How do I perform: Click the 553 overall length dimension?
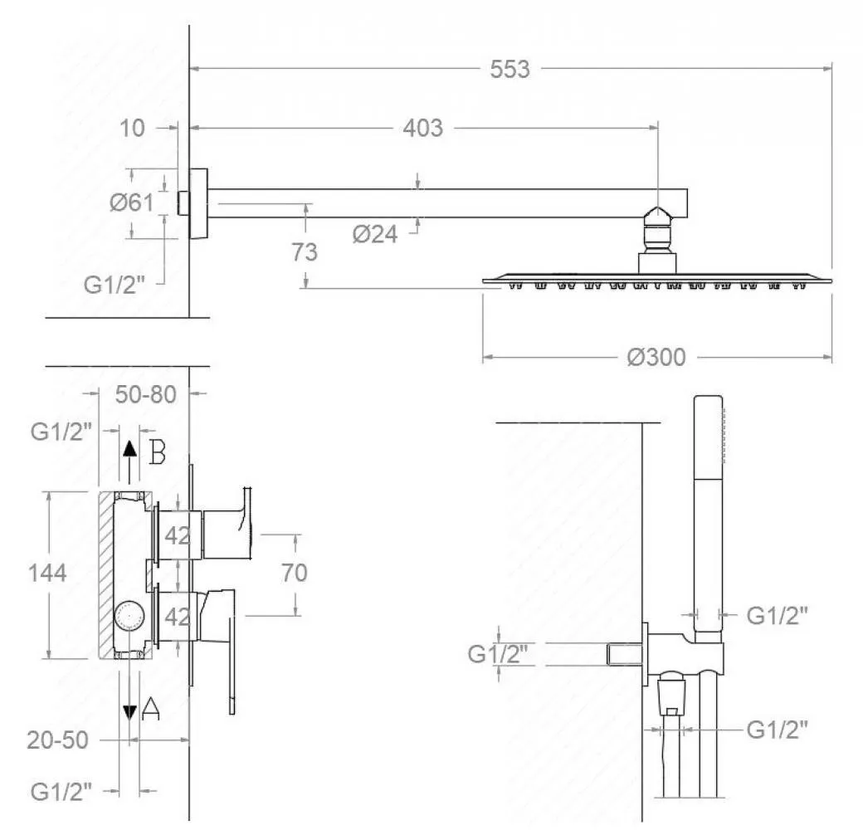[x=510, y=70]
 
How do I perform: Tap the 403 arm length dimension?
[x=422, y=129]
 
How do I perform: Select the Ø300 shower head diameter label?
[x=656, y=358]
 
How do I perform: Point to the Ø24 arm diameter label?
[x=375, y=234]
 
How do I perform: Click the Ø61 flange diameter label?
[x=132, y=203]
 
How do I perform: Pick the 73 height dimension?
[x=305, y=252]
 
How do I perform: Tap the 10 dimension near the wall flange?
[x=132, y=129]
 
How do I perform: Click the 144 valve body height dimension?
[x=47, y=573]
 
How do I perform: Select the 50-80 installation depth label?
[x=146, y=394]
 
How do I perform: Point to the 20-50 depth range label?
[x=58, y=740]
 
